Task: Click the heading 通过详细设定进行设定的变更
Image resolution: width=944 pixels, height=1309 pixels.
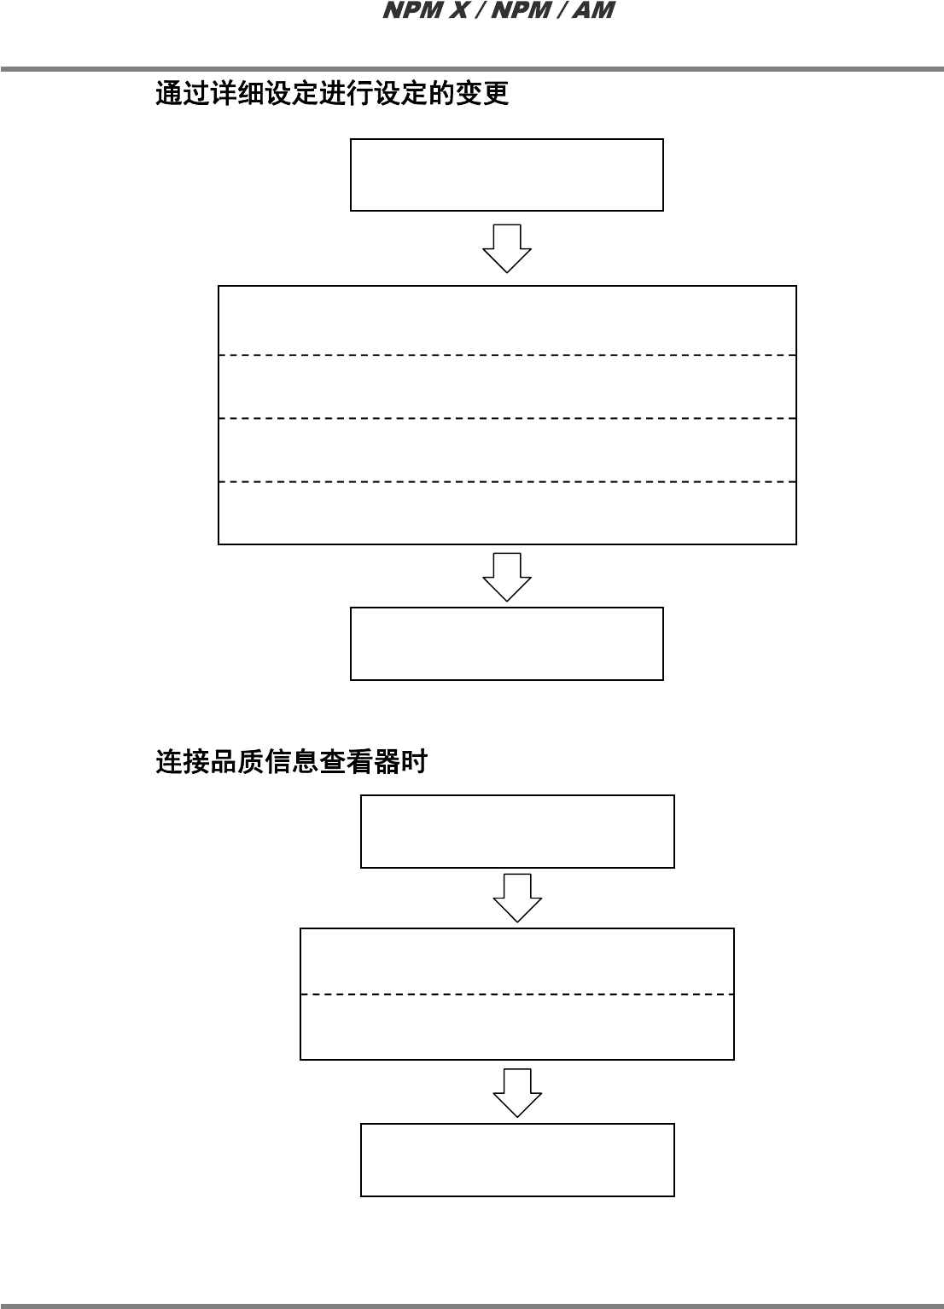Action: tap(332, 93)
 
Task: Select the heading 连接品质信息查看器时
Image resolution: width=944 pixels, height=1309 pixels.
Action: tap(291, 761)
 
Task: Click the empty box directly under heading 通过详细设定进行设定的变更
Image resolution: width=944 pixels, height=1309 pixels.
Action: tap(506, 175)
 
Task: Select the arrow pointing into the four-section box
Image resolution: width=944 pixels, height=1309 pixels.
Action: tap(507, 248)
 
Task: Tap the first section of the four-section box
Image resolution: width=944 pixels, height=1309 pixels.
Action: tap(507, 321)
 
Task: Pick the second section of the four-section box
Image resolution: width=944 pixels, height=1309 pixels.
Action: tap(507, 387)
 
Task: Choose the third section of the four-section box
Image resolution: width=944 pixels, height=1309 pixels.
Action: tap(507, 451)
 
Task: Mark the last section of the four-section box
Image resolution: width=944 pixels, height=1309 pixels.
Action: tap(507, 513)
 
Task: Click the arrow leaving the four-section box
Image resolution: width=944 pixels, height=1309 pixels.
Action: tap(507, 577)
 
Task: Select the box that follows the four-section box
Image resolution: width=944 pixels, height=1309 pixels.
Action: tap(506, 643)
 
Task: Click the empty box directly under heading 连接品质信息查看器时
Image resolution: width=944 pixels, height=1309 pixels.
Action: tap(517, 831)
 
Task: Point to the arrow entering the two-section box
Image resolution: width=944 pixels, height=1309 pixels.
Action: tap(517, 898)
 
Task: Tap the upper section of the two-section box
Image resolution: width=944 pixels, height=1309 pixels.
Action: tap(517, 962)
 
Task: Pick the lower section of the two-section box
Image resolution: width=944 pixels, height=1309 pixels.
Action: tap(517, 1027)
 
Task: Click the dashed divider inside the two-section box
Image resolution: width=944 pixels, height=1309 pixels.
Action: tap(517, 994)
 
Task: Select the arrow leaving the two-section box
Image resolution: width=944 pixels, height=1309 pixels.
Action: tap(517, 1092)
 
